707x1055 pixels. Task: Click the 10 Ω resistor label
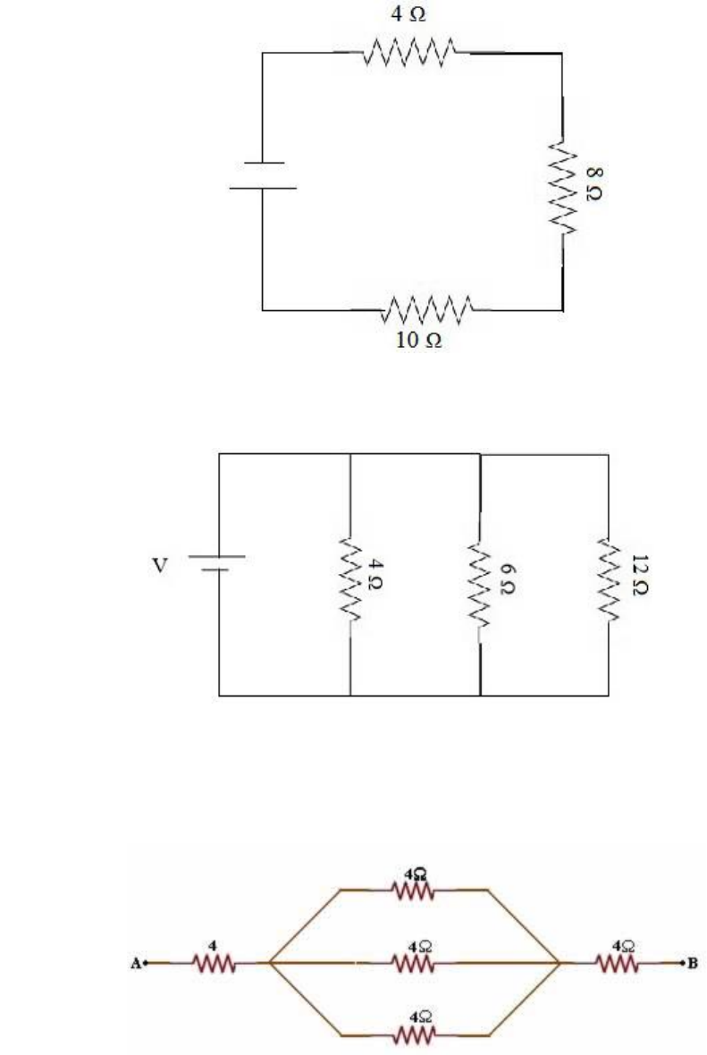point(418,340)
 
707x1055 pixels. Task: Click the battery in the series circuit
point(263,175)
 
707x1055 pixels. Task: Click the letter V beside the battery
point(159,565)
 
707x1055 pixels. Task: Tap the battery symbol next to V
point(217,563)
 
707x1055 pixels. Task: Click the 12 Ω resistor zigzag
point(608,578)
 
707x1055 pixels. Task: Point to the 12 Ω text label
point(640,575)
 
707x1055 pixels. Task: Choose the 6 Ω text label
point(509,578)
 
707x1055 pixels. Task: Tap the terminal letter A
point(136,964)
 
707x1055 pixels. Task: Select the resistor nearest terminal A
point(214,964)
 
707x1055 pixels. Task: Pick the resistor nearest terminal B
point(616,964)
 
